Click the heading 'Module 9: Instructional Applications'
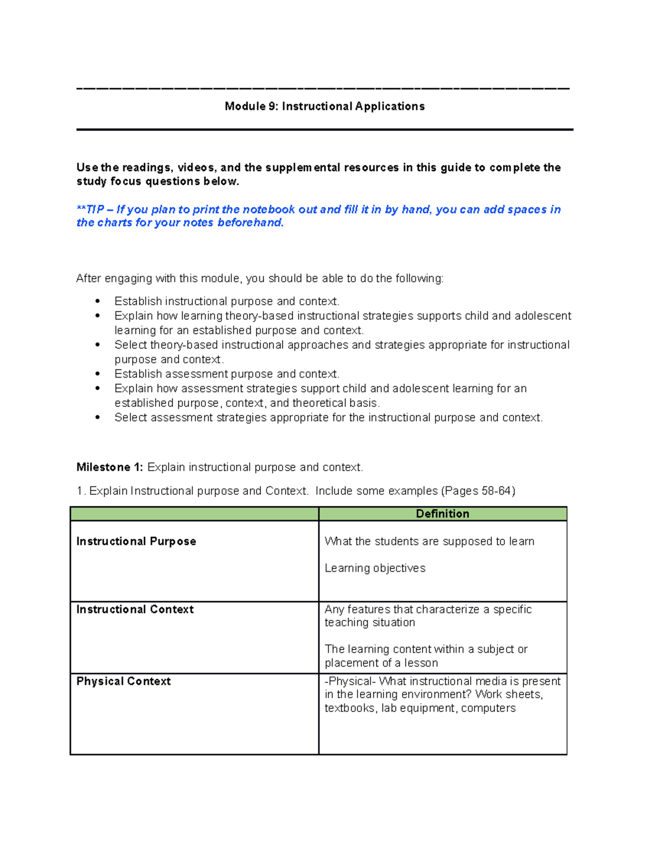pos(324,106)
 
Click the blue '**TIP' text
pos(90,210)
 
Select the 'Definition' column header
pos(442,514)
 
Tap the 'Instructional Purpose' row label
pos(136,542)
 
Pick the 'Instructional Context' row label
pos(135,609)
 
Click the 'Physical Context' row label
pos(123,681)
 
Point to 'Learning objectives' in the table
pos(375,568)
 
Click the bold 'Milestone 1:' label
pos(109,467)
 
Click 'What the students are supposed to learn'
pos(429,542)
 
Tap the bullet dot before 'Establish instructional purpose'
pos(97,301)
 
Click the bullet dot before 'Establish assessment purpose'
pos(97,374)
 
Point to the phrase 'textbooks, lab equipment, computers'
pos(420,708)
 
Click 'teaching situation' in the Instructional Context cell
pos(369,623)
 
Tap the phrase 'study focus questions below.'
pos(158,181)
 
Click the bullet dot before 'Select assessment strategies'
pos(97,418)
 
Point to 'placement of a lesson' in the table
pos(381,663)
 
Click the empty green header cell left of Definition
pos(194,514)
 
